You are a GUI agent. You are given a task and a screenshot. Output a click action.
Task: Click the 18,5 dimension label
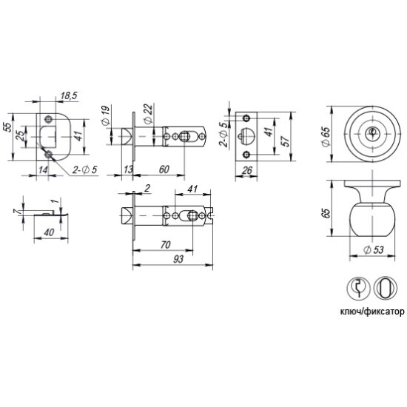69,95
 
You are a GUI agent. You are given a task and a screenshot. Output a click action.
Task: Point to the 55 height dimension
8,127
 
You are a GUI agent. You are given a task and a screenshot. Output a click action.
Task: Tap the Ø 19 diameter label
106,115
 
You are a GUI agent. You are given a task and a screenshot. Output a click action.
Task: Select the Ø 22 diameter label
147,114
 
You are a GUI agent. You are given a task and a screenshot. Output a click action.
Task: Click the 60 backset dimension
164,169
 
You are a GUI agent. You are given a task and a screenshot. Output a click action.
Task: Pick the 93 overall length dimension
178,259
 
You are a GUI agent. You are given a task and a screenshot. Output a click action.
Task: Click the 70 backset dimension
165,244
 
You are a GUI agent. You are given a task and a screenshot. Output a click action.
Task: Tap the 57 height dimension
286,141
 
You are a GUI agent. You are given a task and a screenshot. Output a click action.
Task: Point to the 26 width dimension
247,170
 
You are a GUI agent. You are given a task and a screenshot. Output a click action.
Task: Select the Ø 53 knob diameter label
374,249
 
